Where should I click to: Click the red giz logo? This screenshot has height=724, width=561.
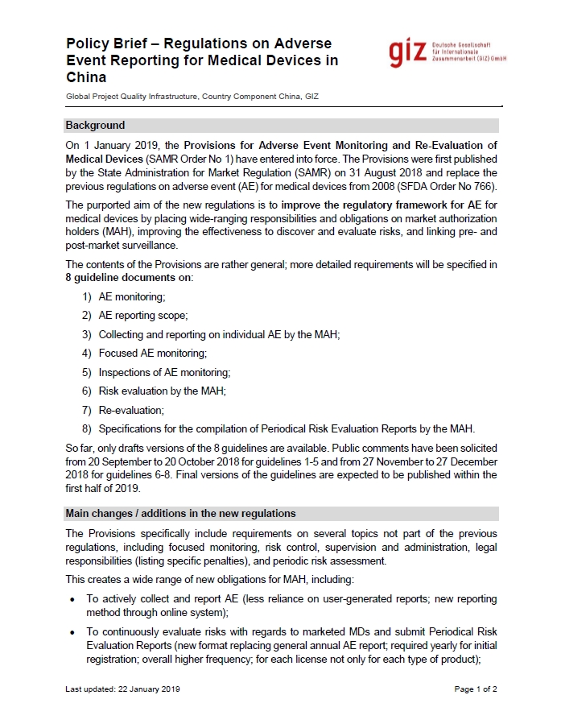click(x=407, y=52)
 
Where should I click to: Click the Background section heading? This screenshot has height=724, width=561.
click(x=95, y=126)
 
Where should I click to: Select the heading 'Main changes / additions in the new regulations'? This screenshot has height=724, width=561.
click(x=180, y=514)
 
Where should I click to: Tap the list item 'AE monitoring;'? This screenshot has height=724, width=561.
click(x=132, y=297)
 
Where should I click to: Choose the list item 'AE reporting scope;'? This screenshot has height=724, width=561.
click(x=143, y=316)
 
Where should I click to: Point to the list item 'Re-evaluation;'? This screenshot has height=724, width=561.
click(x=131, y=409)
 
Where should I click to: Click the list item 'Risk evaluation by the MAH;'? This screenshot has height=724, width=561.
click(x=162, y=391)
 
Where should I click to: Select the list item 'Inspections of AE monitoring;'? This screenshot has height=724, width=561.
click(x=164, y=372)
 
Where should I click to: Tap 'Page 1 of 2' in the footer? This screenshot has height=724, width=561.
click(x=476, y=689)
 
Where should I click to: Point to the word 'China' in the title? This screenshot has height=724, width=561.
click(x=86, y=78)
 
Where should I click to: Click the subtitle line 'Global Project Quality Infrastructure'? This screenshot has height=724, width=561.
click(x=192, y=97)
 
